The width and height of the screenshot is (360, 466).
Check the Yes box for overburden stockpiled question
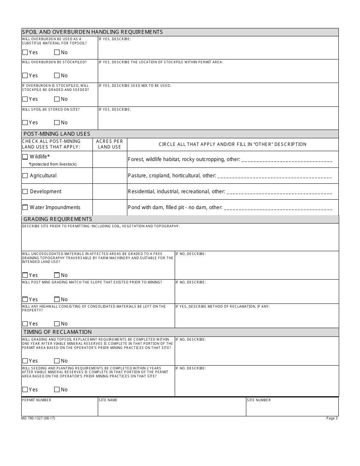(x=25, y=76)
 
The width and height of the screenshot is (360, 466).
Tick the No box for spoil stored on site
(x=57, y=123)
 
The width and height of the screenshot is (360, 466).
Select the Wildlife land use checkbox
(x=25, y=157)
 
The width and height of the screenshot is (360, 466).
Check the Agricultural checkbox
(x=25, y=176)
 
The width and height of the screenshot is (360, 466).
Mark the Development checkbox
(x=25, y=192)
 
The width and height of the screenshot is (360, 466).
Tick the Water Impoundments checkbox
(x=25, y=208)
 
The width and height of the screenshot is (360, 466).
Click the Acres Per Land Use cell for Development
(x=110, y=192)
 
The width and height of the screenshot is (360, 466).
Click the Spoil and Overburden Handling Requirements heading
(x=92, y=32)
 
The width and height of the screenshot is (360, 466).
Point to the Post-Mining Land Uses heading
(x=57, y=134)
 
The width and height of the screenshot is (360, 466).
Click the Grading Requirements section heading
(x=58, y=219)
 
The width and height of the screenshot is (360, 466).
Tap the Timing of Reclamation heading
(x=58, y=332)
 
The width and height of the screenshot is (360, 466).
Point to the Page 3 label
(x=332, y=418)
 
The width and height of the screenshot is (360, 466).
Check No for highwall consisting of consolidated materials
(x=57, y=324)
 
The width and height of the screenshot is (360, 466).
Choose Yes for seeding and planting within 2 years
(x=25, y=390)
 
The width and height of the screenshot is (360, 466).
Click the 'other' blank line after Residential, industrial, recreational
(x=279, y=192)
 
